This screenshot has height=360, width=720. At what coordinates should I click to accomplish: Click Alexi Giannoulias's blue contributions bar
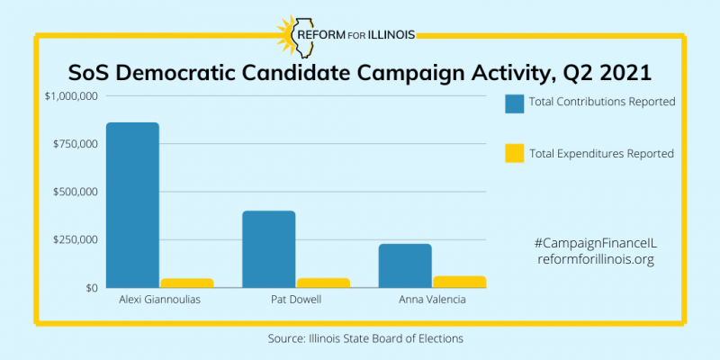click(132, 205)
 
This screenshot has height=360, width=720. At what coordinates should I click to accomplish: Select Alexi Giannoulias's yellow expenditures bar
click(186, 283)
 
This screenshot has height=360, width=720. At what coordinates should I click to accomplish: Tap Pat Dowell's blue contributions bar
click(268, 249)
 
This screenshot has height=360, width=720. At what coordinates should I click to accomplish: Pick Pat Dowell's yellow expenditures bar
click(322, 283)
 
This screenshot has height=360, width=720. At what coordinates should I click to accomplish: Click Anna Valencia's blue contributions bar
click(405, 265)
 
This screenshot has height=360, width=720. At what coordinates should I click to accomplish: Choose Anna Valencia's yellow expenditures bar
click(459, 282)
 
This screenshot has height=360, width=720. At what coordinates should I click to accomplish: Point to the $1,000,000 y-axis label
click(70, 96)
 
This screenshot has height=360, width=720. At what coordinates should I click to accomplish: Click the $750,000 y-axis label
click(75, 144)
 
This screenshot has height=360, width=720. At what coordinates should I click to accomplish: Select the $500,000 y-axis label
click(75, 192)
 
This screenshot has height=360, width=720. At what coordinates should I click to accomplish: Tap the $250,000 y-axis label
click(75, 239)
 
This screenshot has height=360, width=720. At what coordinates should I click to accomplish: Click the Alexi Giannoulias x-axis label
click(159, 300)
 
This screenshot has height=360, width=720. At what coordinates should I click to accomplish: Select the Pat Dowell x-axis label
click(295, 300)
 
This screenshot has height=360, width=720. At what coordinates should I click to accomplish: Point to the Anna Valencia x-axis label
click(432, 300)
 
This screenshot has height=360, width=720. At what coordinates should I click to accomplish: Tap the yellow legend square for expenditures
click(515, 153)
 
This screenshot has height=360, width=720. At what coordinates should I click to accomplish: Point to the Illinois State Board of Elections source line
click(360, 337)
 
